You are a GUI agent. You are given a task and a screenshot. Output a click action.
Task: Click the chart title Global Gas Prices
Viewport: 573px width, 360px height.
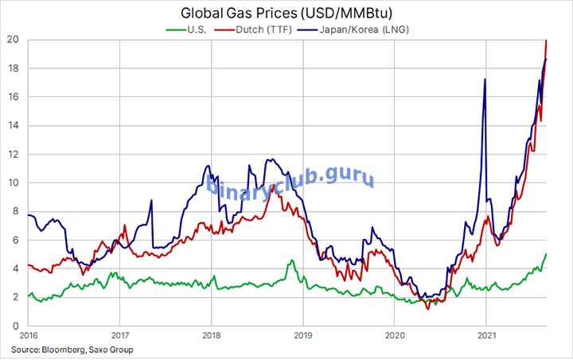coord(286,13)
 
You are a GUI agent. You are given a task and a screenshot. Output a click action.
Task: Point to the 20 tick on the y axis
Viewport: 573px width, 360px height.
coord(14,40)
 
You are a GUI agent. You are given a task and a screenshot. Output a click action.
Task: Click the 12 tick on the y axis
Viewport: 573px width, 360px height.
coord(14,155)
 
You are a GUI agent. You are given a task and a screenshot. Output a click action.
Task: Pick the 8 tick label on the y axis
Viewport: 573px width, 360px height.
coord(17,212)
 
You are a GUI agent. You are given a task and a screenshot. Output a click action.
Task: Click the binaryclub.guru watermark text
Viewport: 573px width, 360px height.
coord(290,182)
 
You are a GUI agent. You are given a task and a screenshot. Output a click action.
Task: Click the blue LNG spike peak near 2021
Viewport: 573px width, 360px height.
coord(485,80)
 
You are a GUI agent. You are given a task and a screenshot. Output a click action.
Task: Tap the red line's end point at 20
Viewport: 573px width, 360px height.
coord(546,40)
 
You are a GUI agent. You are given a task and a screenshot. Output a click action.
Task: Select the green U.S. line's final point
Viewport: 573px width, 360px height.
coord(546,254)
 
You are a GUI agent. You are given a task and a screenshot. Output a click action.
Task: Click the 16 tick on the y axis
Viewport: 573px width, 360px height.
coord(14,97)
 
